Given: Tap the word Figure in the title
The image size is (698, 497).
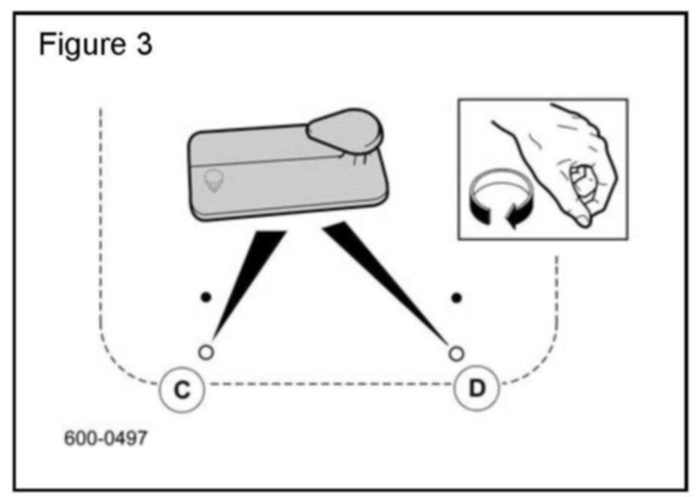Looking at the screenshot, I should tap(80, 46).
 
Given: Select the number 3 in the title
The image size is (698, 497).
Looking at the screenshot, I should tap(144, 46).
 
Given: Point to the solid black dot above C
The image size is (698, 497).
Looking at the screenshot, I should tap(204, 297).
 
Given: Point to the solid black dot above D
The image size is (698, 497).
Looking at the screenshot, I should tap(456, 297).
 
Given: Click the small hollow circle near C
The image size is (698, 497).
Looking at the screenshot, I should tap(207, 351).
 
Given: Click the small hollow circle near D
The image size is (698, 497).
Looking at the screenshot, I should tap(454, 351).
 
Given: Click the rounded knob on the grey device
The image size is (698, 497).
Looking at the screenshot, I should tap(346, 129).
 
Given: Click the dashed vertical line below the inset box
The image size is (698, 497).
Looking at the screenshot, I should tap(557, 301).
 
